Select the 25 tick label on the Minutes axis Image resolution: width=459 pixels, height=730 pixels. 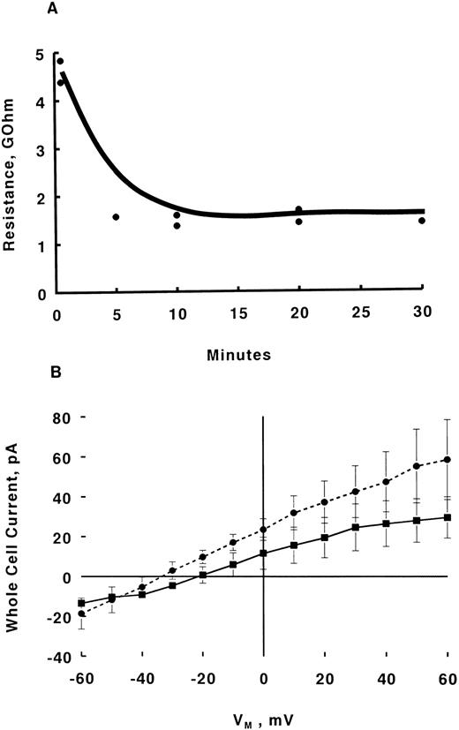(x=360, y=312)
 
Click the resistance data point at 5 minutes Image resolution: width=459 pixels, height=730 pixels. (x=116, y=217)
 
